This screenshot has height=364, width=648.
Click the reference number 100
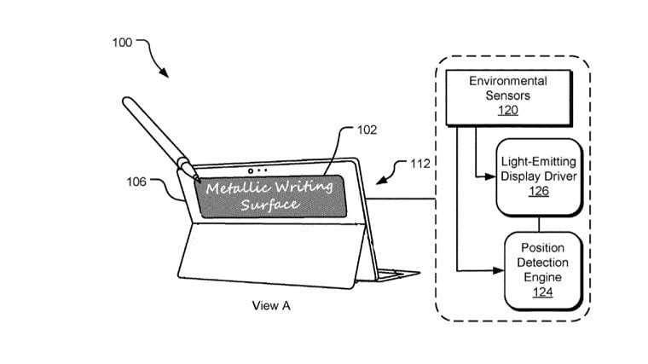(122, 43)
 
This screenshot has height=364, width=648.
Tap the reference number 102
(367, 130)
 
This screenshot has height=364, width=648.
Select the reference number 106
(136, 182)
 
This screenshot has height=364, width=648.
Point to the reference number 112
(419, 164)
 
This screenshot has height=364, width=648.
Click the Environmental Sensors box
(509, 98)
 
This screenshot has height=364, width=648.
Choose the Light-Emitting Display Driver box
(539, 177)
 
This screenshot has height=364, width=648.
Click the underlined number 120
(508, 110)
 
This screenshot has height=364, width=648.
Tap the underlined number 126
(539, 191)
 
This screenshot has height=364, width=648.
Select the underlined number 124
(542, 292)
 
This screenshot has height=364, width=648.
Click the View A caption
(271, 306)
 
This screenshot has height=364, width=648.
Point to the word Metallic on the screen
(238, 188)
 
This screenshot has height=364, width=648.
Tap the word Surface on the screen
(270, 205)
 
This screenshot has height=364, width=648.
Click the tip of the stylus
(200, 182)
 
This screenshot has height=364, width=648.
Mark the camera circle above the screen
(251, 171)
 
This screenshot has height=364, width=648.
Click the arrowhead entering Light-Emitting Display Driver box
(490, 176)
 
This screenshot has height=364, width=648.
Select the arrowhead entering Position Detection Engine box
(499, 271)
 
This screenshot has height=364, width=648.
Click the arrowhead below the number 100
(165, 73)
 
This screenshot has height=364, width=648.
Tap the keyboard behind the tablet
(397, 274)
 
